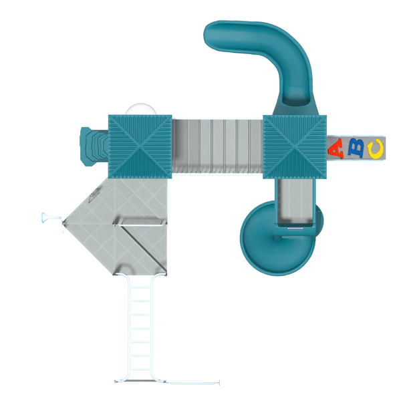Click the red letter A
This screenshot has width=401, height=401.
336,149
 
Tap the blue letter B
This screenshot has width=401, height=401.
356,148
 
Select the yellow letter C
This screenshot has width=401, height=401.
376,148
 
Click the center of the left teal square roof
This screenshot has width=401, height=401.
140,147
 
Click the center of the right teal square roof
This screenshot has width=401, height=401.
295,147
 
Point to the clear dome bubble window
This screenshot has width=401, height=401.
141,110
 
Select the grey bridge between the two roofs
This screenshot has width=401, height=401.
217,146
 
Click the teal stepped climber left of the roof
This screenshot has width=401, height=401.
94,146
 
